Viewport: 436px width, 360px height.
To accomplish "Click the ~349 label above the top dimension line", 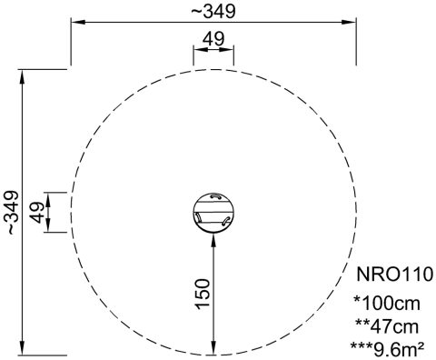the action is click(x=213, y=12).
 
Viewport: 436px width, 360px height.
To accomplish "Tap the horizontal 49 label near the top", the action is click(x=213, y=39).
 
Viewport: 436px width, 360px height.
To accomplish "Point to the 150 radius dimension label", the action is click(x=203, y=294).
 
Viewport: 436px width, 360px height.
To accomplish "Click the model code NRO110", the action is click(x=394, y=275).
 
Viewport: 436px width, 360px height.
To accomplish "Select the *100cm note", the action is click(x=387, y=303).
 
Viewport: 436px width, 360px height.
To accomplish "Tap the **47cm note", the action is click(x=387, y=326).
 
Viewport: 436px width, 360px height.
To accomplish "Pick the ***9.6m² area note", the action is click(x=387, y=349).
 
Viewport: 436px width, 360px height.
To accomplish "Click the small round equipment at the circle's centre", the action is click(x=213, y=213).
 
